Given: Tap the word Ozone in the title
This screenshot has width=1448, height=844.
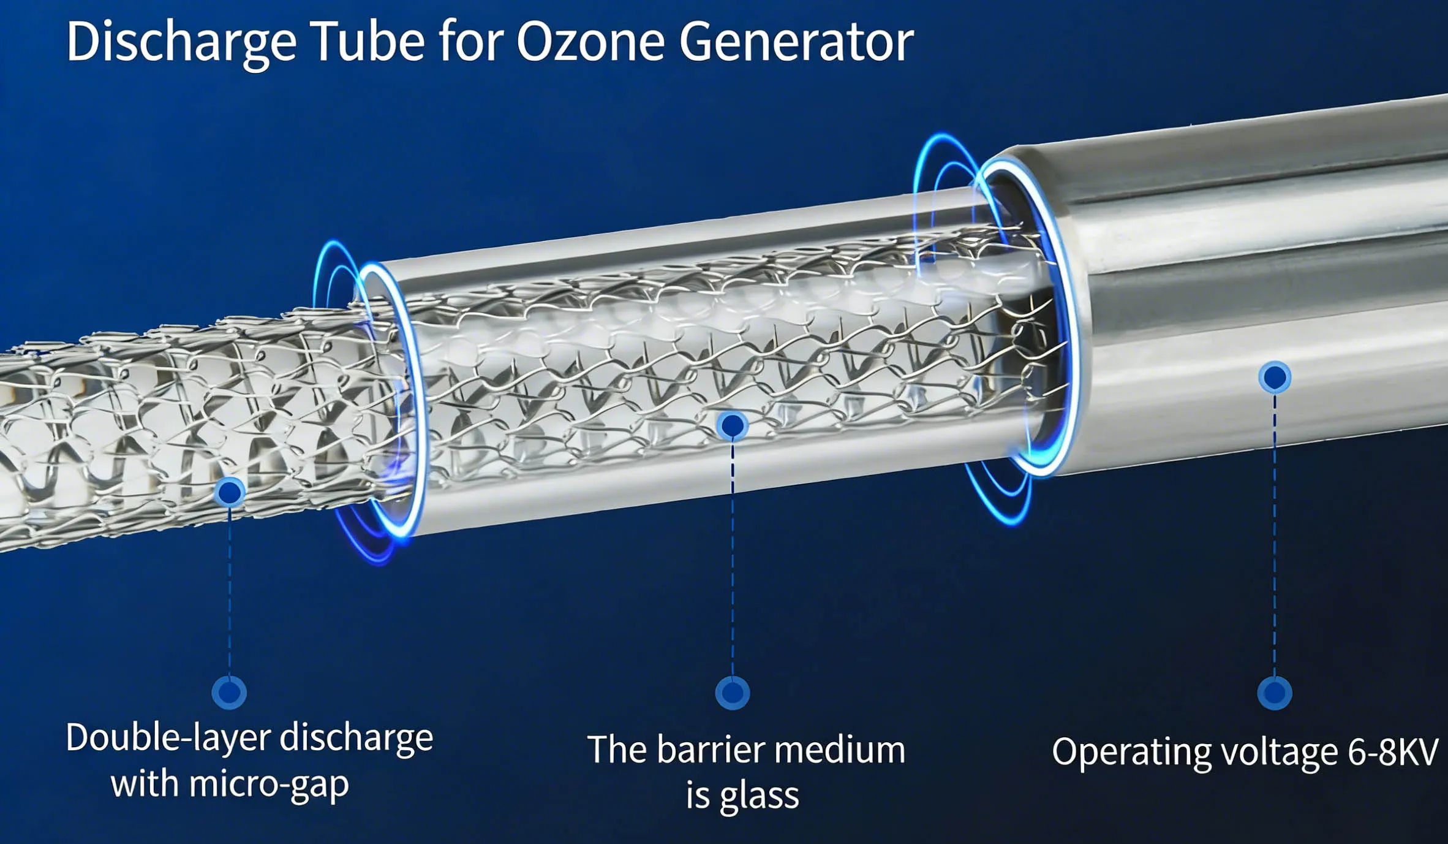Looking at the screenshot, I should [590, 42].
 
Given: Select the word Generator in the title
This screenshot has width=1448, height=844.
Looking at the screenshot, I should [796, 42].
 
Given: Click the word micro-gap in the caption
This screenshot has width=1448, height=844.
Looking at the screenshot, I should [270, 784].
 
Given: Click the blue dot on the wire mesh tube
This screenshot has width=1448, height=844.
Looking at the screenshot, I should [230, 492].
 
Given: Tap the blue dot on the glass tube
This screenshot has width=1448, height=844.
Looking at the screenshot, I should [733, 425].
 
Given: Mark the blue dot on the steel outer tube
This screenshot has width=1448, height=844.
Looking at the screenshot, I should [1275, 377].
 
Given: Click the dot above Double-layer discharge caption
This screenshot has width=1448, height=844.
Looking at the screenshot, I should [229, 693].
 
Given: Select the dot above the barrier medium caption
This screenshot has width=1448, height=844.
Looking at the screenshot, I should [733, 693].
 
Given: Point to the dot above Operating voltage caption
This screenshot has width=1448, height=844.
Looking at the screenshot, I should [1275, 693].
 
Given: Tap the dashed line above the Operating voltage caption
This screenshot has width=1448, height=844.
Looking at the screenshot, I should [1275, 533].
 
